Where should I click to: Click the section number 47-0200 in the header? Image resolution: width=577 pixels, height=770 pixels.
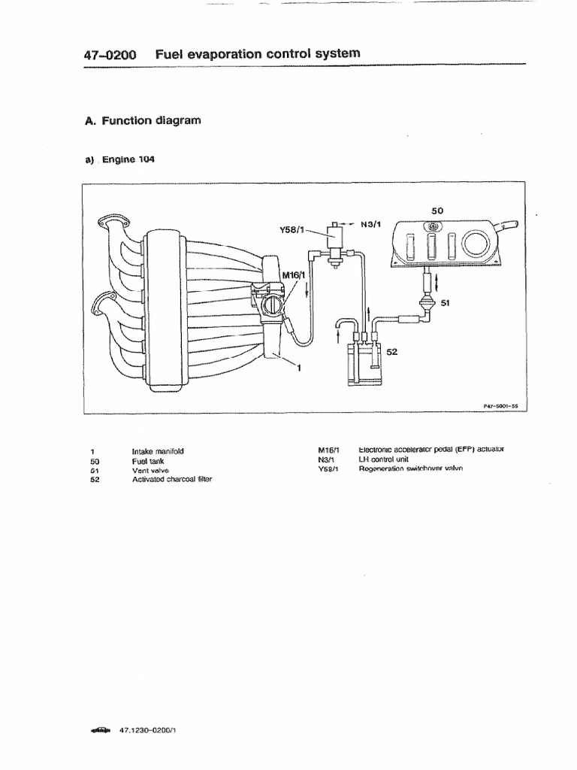click(x=112, y=54)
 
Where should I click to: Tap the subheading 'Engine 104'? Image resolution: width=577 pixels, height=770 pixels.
click(x=123, y=159)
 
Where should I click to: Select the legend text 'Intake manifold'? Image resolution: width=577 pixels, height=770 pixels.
click(x=158, y=452)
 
